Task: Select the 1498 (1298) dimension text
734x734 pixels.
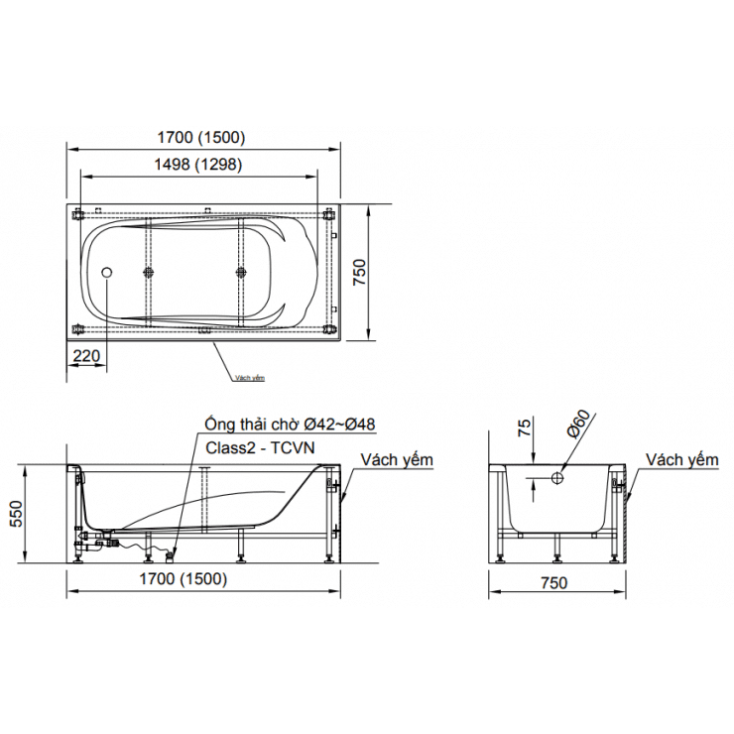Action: tap(197, 165)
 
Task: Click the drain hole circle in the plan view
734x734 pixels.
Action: tap(108, 271)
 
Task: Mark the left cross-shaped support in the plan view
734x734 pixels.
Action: tap(149, 271)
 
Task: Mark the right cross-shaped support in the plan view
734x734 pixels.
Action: tap(240, 271)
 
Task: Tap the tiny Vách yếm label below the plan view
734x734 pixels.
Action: tap(250, 378)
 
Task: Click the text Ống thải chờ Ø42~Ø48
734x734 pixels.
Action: tap(290, 425)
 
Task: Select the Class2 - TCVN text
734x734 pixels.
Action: tap(260, 447)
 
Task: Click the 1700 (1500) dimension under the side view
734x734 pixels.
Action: tap(181, 578)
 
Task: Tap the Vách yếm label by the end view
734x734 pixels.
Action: tap(681, 460)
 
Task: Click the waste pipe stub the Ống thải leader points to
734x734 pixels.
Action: tap(171, 552)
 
